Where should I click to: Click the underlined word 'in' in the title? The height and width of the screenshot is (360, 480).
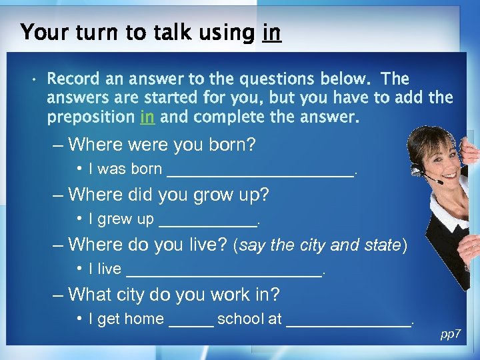(x=272, y=32)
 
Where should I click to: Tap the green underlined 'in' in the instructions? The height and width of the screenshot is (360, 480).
(x=147, y=117)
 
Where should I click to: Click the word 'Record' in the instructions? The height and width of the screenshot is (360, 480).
(x=73, y=79)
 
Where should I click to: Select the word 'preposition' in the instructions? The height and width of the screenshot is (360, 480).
(x=91, y=117)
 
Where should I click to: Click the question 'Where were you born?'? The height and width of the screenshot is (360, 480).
(x=162, y=145)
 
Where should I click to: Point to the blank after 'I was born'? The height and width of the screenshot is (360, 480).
(x=261, y=171)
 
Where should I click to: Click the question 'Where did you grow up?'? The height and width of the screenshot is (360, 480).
(x=168, y=195)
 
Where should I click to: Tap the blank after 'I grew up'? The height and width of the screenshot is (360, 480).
(x=207, y=221)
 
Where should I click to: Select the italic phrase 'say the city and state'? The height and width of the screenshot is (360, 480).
(x=319, y=245)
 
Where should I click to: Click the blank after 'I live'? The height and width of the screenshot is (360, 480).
(x=224, y=271)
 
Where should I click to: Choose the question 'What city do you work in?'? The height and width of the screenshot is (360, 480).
(x=174, y=294)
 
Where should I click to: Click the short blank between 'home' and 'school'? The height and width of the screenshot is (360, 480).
(x=191, y=321)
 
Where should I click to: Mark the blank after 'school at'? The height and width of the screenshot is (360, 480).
(x=349, y=321)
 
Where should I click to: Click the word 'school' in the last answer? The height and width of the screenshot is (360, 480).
(x=241, y=319)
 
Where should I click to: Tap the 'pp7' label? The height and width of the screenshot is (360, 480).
(x=451, y=334)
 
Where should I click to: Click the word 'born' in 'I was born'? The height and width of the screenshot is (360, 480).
(x=146, y=169)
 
